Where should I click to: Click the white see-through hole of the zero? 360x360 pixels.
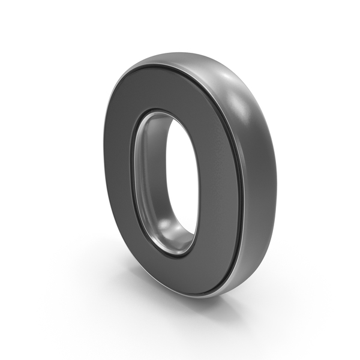(181, 175)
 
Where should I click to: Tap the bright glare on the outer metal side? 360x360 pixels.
(239, 97)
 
